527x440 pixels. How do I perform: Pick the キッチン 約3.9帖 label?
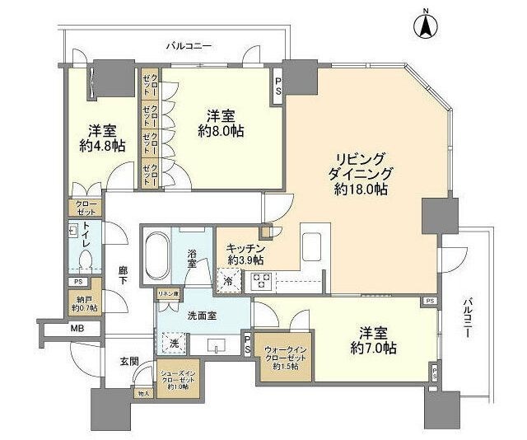244,254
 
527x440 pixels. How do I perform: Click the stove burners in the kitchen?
261,280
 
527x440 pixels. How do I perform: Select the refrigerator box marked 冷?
227,281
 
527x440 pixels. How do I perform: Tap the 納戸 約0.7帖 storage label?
84,303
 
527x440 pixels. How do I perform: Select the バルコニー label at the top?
189,46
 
